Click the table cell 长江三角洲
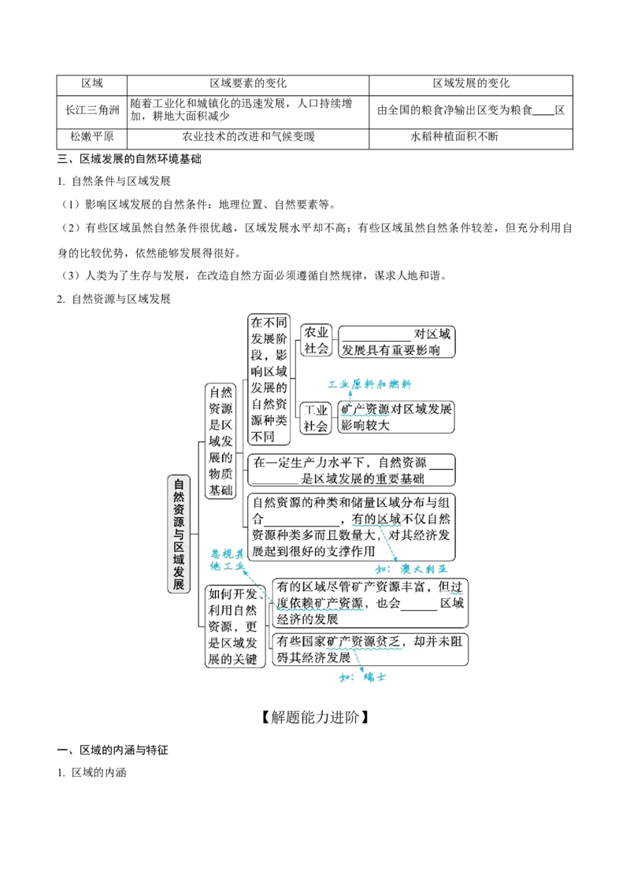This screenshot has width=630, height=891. (x=91, y=111)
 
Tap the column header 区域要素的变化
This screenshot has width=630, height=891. (x=248, y=84)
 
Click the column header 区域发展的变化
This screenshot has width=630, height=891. (x=471, y=84)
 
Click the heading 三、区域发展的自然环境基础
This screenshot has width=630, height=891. (x=129, y=159)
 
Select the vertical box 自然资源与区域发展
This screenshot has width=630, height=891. (x=179, y=534)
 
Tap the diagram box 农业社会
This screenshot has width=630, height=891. (x=316, y=340)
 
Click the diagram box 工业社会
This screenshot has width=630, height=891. (x=316, y=418)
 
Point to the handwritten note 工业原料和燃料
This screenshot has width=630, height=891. (x=369, y=385)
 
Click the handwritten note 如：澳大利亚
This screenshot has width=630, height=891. (x=412, y=569)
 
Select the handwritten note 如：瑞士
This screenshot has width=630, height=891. (x=362, y=677)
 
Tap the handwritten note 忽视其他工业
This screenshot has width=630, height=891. (x=227, y=560)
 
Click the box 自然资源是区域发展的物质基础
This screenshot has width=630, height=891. (x=220, y=441)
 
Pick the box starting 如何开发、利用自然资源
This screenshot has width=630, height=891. (x=235, y=627)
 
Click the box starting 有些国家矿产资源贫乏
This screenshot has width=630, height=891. (x=370, y=649)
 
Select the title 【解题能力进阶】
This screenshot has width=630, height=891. (x=314, y=717)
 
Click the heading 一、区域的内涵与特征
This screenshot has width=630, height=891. (x=113, y=750)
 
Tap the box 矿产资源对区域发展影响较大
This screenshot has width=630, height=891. (x=396, y=417)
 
